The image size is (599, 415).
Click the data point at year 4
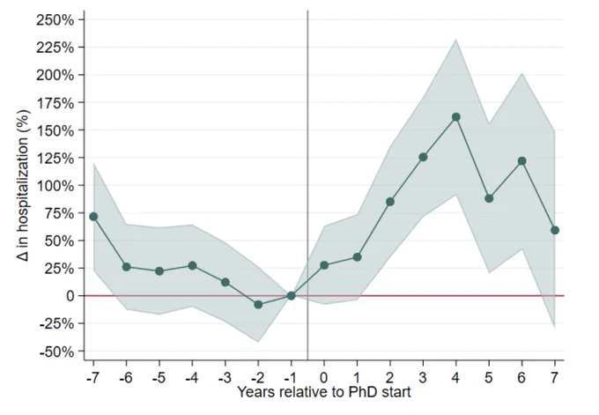(x=455, y=117)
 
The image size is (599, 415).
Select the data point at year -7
(x=93, y=217)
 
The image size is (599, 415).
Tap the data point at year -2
(x=258, y=305)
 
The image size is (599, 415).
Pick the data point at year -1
(x=291, y=295)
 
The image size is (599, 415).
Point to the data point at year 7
(x=555, y=230)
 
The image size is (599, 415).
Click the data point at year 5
(x=489, y=198)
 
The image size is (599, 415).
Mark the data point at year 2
(x=390, y=202)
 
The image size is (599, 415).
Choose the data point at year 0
(x=324, y=265)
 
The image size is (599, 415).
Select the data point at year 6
(x=521, y=161)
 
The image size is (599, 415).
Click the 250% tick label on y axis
(x=55, y=20)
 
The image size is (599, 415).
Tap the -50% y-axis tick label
(x=56, y=352)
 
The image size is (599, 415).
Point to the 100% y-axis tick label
(x=55, y=186)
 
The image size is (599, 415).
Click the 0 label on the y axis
(x=70, y=296)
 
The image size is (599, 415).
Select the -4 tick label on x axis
(x=192, y=377)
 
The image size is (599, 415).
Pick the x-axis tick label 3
(x=423, y=377)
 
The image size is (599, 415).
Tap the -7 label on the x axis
(x=92, y=377)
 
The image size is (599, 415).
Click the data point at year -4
(x=192, y=265)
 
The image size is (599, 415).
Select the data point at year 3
(x=423, y=157)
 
